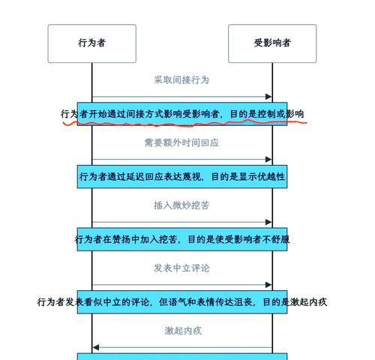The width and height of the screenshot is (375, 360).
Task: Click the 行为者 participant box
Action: click(92, 43)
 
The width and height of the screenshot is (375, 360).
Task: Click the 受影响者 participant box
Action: click(272, 43)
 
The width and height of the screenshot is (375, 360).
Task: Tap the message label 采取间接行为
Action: click(181, 80)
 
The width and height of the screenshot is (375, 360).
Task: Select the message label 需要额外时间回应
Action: click(181, 142)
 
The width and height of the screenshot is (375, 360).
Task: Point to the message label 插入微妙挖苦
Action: click(181, 205)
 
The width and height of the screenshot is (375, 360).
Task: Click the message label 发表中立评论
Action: click(181, 268)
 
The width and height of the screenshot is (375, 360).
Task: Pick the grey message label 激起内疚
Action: click(183, 331)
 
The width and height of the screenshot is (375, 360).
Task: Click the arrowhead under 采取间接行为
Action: click(268, 97)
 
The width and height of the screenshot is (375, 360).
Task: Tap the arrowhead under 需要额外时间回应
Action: click(268, 159)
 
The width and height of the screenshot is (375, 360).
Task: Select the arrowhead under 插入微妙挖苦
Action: click(268, 222)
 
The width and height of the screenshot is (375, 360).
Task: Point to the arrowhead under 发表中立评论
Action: click(268, 285)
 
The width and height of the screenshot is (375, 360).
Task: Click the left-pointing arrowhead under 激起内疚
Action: click(96, 347)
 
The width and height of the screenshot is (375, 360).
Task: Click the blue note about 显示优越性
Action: click(182, 177)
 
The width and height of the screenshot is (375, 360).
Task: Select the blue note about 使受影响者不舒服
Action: click(182, 239)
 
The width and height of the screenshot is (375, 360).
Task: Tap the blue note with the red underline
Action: click(182, 114)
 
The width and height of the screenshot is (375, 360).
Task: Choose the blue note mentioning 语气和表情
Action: click(182, 302)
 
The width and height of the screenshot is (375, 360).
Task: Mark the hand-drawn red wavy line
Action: click(185, 124)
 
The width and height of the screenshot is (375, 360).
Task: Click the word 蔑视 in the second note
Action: click(191, 177)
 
